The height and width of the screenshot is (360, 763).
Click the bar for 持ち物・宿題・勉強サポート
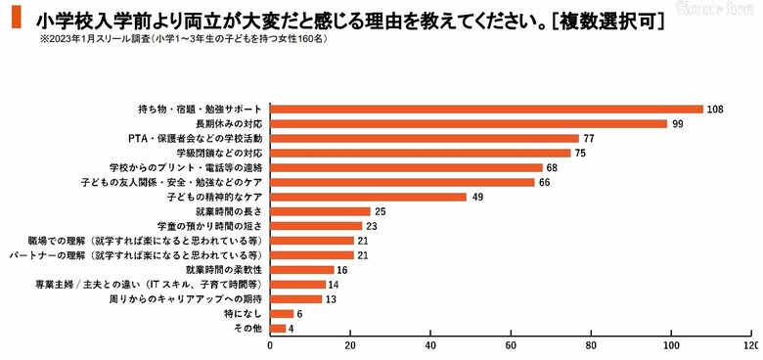(486, 109)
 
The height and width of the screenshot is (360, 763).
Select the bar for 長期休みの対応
(468, 123)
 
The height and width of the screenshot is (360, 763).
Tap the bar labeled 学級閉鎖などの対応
(420, 153)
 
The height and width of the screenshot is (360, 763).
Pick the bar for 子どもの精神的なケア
(368, 197)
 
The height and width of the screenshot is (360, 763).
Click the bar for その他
(277, 329)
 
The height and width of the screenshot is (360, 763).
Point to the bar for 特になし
(281, 313)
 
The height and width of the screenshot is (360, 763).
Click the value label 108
(715, 109)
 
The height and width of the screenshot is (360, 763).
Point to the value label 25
(380, 211)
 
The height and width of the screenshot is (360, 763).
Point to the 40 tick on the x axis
(430, 346)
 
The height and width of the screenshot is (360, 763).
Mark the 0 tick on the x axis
(269, 346)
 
